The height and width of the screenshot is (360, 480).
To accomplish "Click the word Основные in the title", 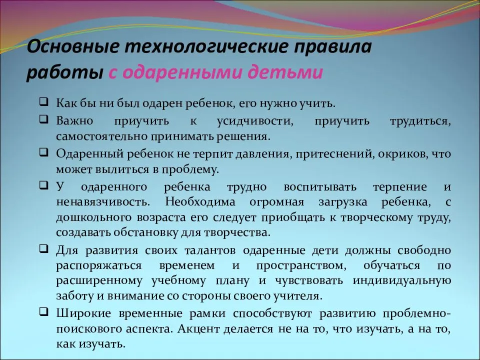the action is coord(72,46).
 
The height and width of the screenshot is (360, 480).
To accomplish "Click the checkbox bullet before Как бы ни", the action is coord(44,101).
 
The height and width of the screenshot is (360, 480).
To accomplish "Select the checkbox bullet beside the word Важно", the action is coord(44,119).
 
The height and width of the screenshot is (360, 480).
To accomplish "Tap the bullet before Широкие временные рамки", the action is coord(44,311).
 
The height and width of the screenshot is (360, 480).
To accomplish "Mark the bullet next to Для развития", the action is coord(44,248).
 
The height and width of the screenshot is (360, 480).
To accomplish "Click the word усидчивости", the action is coord(255,121).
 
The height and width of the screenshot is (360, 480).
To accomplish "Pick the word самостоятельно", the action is coord(101,136).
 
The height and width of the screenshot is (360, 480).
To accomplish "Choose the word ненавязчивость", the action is coord(103,202).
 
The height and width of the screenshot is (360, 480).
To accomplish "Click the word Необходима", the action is coord(200,202).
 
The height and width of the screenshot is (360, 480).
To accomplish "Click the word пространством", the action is coord(301,265).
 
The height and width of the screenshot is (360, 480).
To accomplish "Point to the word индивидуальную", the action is coord(402,280).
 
